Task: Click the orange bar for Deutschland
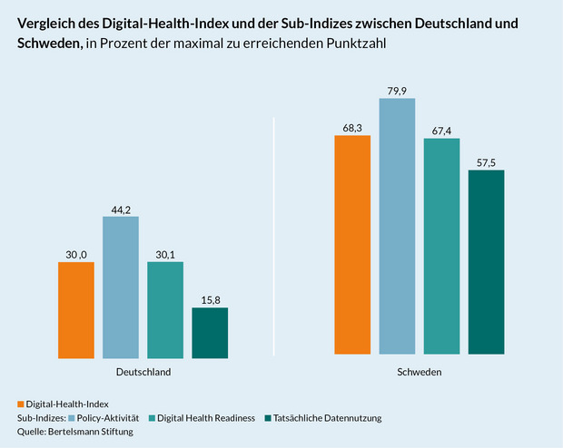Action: point(75,309)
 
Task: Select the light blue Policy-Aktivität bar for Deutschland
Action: point(121,287)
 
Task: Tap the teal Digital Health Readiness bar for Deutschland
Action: point(165,309)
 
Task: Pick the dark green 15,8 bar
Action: point(210,332)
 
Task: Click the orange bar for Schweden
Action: point(352,244)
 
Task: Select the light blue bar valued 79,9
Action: point(397,226)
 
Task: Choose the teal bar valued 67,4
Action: point(441,246)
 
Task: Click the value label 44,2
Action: point(121,209)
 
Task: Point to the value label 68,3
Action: point(352,128)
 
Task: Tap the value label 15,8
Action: point(210,299)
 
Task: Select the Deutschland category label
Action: point(143,373)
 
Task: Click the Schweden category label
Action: point(420,373)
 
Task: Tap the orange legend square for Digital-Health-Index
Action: point(21,404)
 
